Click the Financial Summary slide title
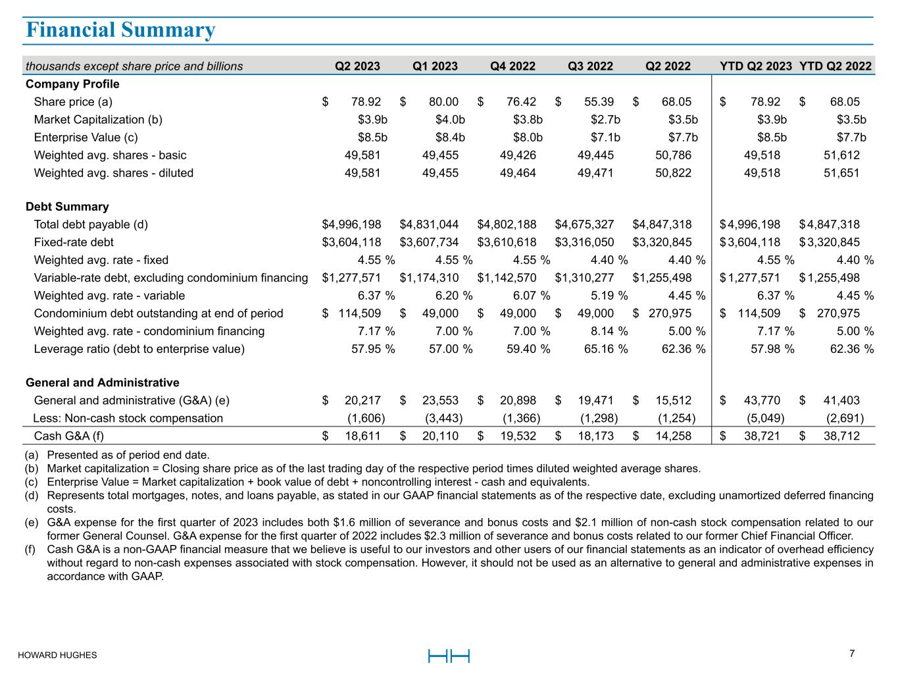pyautogui.click(x=120, y=30)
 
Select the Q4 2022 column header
pyautogui.click(x=512, y=66)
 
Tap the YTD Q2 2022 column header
pyautogui.click(x=835, y=66)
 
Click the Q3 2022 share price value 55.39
pyautogui.click(x=599, y=102)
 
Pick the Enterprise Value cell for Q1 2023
pyautogui.click(x=450, y=138)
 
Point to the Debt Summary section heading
pyautogui.click(x=67, y=207)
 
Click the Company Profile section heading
pyautogui.click(x=72, y=84)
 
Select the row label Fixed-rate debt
pyautogui.click(x=74, y=242)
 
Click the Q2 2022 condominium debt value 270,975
pyautogui.click(x=670, y=313)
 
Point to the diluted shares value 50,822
pyautogui.click(x=670, y=173)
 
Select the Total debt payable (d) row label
pyautogui.click(x=91, y=224)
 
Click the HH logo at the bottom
pyautogui.click(x=449, y=656)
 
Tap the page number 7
pyautogui.click(x=852, y=654)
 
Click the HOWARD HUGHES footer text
pyautogui.click(x=57, y=656)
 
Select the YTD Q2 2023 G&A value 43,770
pyautogui.click(x=759, y=400)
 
